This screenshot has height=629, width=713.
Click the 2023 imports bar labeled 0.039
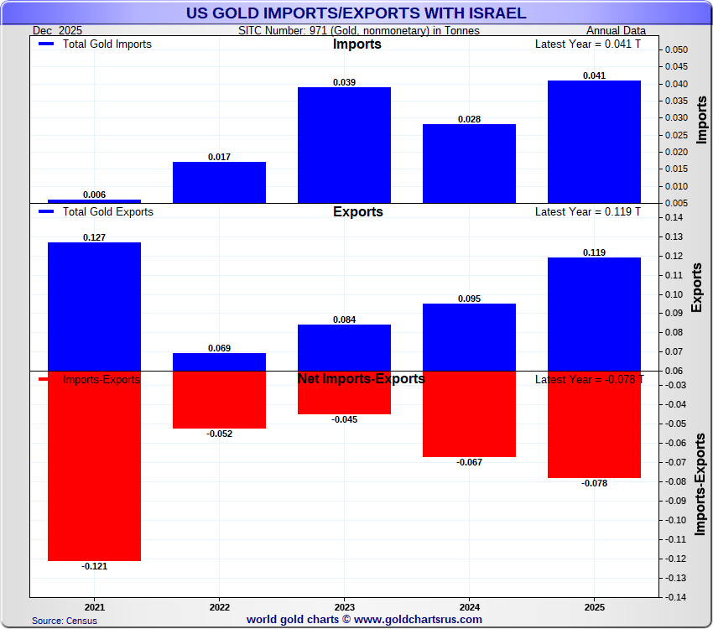point(344,144)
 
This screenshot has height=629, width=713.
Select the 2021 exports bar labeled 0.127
point(94,306)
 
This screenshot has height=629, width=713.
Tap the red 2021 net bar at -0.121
point(94,465)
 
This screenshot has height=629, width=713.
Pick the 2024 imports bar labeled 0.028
point(469,164)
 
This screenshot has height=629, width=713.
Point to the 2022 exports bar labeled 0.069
point(219,362)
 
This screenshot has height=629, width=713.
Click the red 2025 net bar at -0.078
point(594,424)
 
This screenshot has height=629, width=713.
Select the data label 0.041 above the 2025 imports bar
point(594,75)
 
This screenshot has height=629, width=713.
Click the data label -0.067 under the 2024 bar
point(469,462)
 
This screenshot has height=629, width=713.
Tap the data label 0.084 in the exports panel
point(344,320)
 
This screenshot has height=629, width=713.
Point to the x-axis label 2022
point(219,606)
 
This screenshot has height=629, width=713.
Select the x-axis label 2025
point(594,606)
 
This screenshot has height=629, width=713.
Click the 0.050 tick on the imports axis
point(676,49)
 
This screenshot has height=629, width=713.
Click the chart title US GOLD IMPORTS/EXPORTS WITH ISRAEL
point(356,13)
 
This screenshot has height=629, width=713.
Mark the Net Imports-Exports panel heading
point(361,379)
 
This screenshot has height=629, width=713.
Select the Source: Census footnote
point(65,621)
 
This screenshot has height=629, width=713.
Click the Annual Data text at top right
point(616,31)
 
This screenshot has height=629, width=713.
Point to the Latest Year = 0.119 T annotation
point(587,212)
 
